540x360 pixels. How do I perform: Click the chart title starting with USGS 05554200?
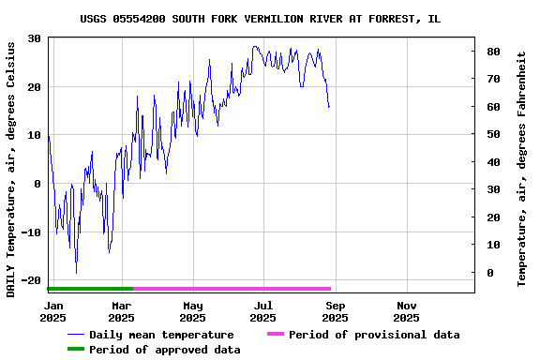(x=260, y=19)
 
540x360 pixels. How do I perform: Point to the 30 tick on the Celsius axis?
(x=34, y=38)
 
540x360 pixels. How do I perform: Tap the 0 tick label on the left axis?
(x=37, y=184)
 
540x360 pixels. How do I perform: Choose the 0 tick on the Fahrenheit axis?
(x=489, y=273)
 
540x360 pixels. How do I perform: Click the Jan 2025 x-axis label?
(x=54, y=311)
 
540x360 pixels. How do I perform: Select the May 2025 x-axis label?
(x=192, y=311)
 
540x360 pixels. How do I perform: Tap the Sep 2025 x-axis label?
(x=336, y=311)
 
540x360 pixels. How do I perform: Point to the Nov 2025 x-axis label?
(x=407, y=311)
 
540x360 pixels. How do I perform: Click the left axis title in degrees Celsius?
(x=11, y=170)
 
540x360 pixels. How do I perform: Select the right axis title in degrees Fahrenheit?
(x=522, y=169)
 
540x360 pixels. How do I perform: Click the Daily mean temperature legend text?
(x=161, y=335)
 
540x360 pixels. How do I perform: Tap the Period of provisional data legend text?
(x=374, y=335)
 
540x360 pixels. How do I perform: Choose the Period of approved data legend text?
(x=165, y=350)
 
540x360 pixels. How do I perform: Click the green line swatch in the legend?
(x=75, y=350)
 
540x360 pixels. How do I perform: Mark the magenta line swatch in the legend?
(x=275, y=335)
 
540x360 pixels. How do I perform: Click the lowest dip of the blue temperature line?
(x=76, y=273)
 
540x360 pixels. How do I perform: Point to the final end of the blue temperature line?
(x=329, y=108)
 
